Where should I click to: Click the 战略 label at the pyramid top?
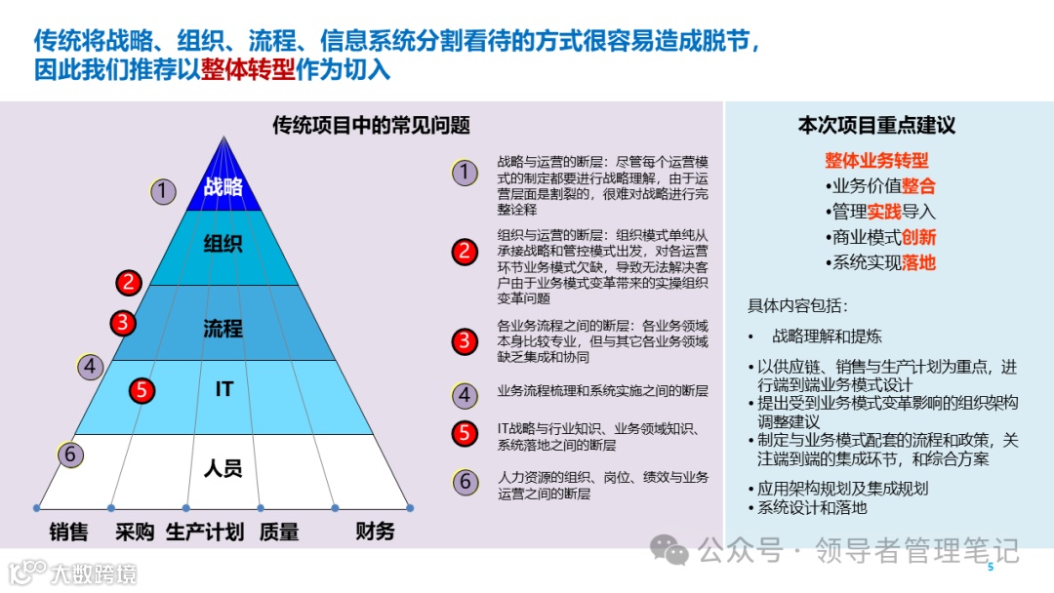tap(223, 187)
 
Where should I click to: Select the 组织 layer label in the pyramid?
tap(223, 244)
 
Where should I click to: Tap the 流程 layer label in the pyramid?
tap(223, 328)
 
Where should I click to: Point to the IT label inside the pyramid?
tap(224, 389)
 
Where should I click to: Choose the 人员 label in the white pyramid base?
tap(223, 469)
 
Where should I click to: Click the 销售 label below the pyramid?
tap(69, 532)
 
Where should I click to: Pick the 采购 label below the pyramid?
tap(135, 532)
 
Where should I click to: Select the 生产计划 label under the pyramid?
tap(205, 532)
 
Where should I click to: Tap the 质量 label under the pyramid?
tap(279, 532)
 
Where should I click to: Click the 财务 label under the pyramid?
tap(375, 532)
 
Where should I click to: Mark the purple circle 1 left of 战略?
tap(163, 192)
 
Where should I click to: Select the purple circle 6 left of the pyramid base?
tap(68, 455)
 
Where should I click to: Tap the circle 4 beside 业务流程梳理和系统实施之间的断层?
tap(465, 395)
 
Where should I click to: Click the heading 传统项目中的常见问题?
tap(371, 125)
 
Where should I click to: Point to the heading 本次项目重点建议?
tap(876, 125)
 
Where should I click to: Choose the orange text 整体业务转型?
tap(876, 160)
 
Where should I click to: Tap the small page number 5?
tap(991, 568)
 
